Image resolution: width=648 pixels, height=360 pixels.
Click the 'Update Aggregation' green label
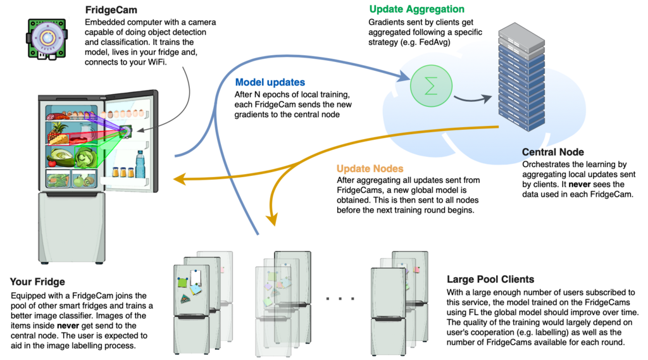click(416, 9)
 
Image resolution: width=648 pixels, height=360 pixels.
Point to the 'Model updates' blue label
click(270, 82)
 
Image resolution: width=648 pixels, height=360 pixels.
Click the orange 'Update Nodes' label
click(370, 170)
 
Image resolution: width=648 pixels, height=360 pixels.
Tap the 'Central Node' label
click(552, 152)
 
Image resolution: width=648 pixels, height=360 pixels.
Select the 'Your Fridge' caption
click(37, 282)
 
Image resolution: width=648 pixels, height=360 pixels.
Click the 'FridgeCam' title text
click(111, 9)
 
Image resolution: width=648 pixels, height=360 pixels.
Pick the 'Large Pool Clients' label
click(490, 279)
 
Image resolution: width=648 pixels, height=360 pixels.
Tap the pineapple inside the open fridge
click(59, 132)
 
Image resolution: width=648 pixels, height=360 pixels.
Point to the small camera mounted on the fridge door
click(126, 132)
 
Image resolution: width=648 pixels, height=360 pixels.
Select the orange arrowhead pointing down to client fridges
click(273, 220)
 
